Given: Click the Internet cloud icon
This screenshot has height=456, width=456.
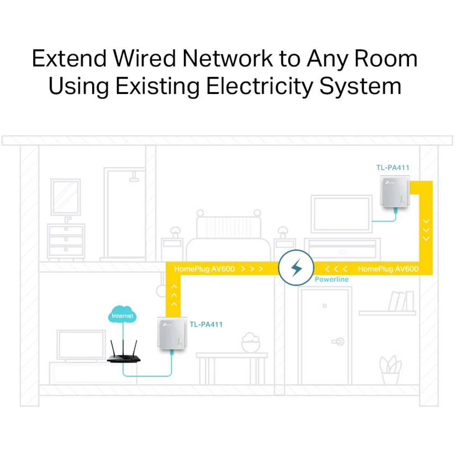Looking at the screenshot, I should (x=123, y=315).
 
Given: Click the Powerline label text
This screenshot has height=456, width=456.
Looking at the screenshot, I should (x=332, y=279).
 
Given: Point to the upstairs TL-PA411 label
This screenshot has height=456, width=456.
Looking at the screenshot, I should (x=393, y=168).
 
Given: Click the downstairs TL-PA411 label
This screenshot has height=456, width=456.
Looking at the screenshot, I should (x=206, y=325).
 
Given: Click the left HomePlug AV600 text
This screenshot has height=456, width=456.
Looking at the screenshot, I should (x=204, y=269).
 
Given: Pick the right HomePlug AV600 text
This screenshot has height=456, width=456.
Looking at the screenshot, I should (x=388, y=269).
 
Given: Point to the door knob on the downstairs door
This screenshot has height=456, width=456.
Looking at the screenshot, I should (x=339, y=340).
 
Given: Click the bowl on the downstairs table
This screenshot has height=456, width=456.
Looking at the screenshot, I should (x=250, y=343).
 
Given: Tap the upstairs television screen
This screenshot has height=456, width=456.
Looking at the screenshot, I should (x=341, y=214).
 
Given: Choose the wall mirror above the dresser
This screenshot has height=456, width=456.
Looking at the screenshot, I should (x=66, y=197).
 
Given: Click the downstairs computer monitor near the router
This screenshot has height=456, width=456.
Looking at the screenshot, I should (x=81, y=346).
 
